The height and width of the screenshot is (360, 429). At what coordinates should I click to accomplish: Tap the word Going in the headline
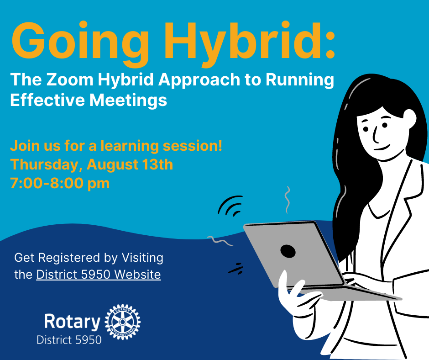tap(80, 44)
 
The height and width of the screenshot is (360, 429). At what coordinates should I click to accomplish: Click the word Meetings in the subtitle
tap(128, 100)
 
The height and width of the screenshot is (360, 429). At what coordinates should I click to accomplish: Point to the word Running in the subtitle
tap(300, 80)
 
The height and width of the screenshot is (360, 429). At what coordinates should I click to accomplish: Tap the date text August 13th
tap(130, 164)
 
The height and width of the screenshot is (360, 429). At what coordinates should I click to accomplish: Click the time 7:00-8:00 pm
tap(60, 183)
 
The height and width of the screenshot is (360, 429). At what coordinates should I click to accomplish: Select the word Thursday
tap(46, 164)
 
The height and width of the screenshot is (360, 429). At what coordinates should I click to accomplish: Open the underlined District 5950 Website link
tap(99, 275)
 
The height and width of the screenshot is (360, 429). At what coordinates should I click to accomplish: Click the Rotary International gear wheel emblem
tap(123, 322)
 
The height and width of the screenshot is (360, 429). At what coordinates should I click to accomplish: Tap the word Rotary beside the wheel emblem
tap(72, 321)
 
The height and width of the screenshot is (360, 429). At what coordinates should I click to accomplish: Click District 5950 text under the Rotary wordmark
tap(69, 340)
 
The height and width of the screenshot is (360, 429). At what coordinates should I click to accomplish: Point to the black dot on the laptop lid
tap(288, 251)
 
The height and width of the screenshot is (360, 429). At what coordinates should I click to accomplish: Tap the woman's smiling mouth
tap(382, 148)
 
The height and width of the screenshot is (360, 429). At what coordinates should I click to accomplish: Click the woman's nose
tap(375, 134)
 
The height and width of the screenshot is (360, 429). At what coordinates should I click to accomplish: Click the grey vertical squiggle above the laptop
tap(287, 200)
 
